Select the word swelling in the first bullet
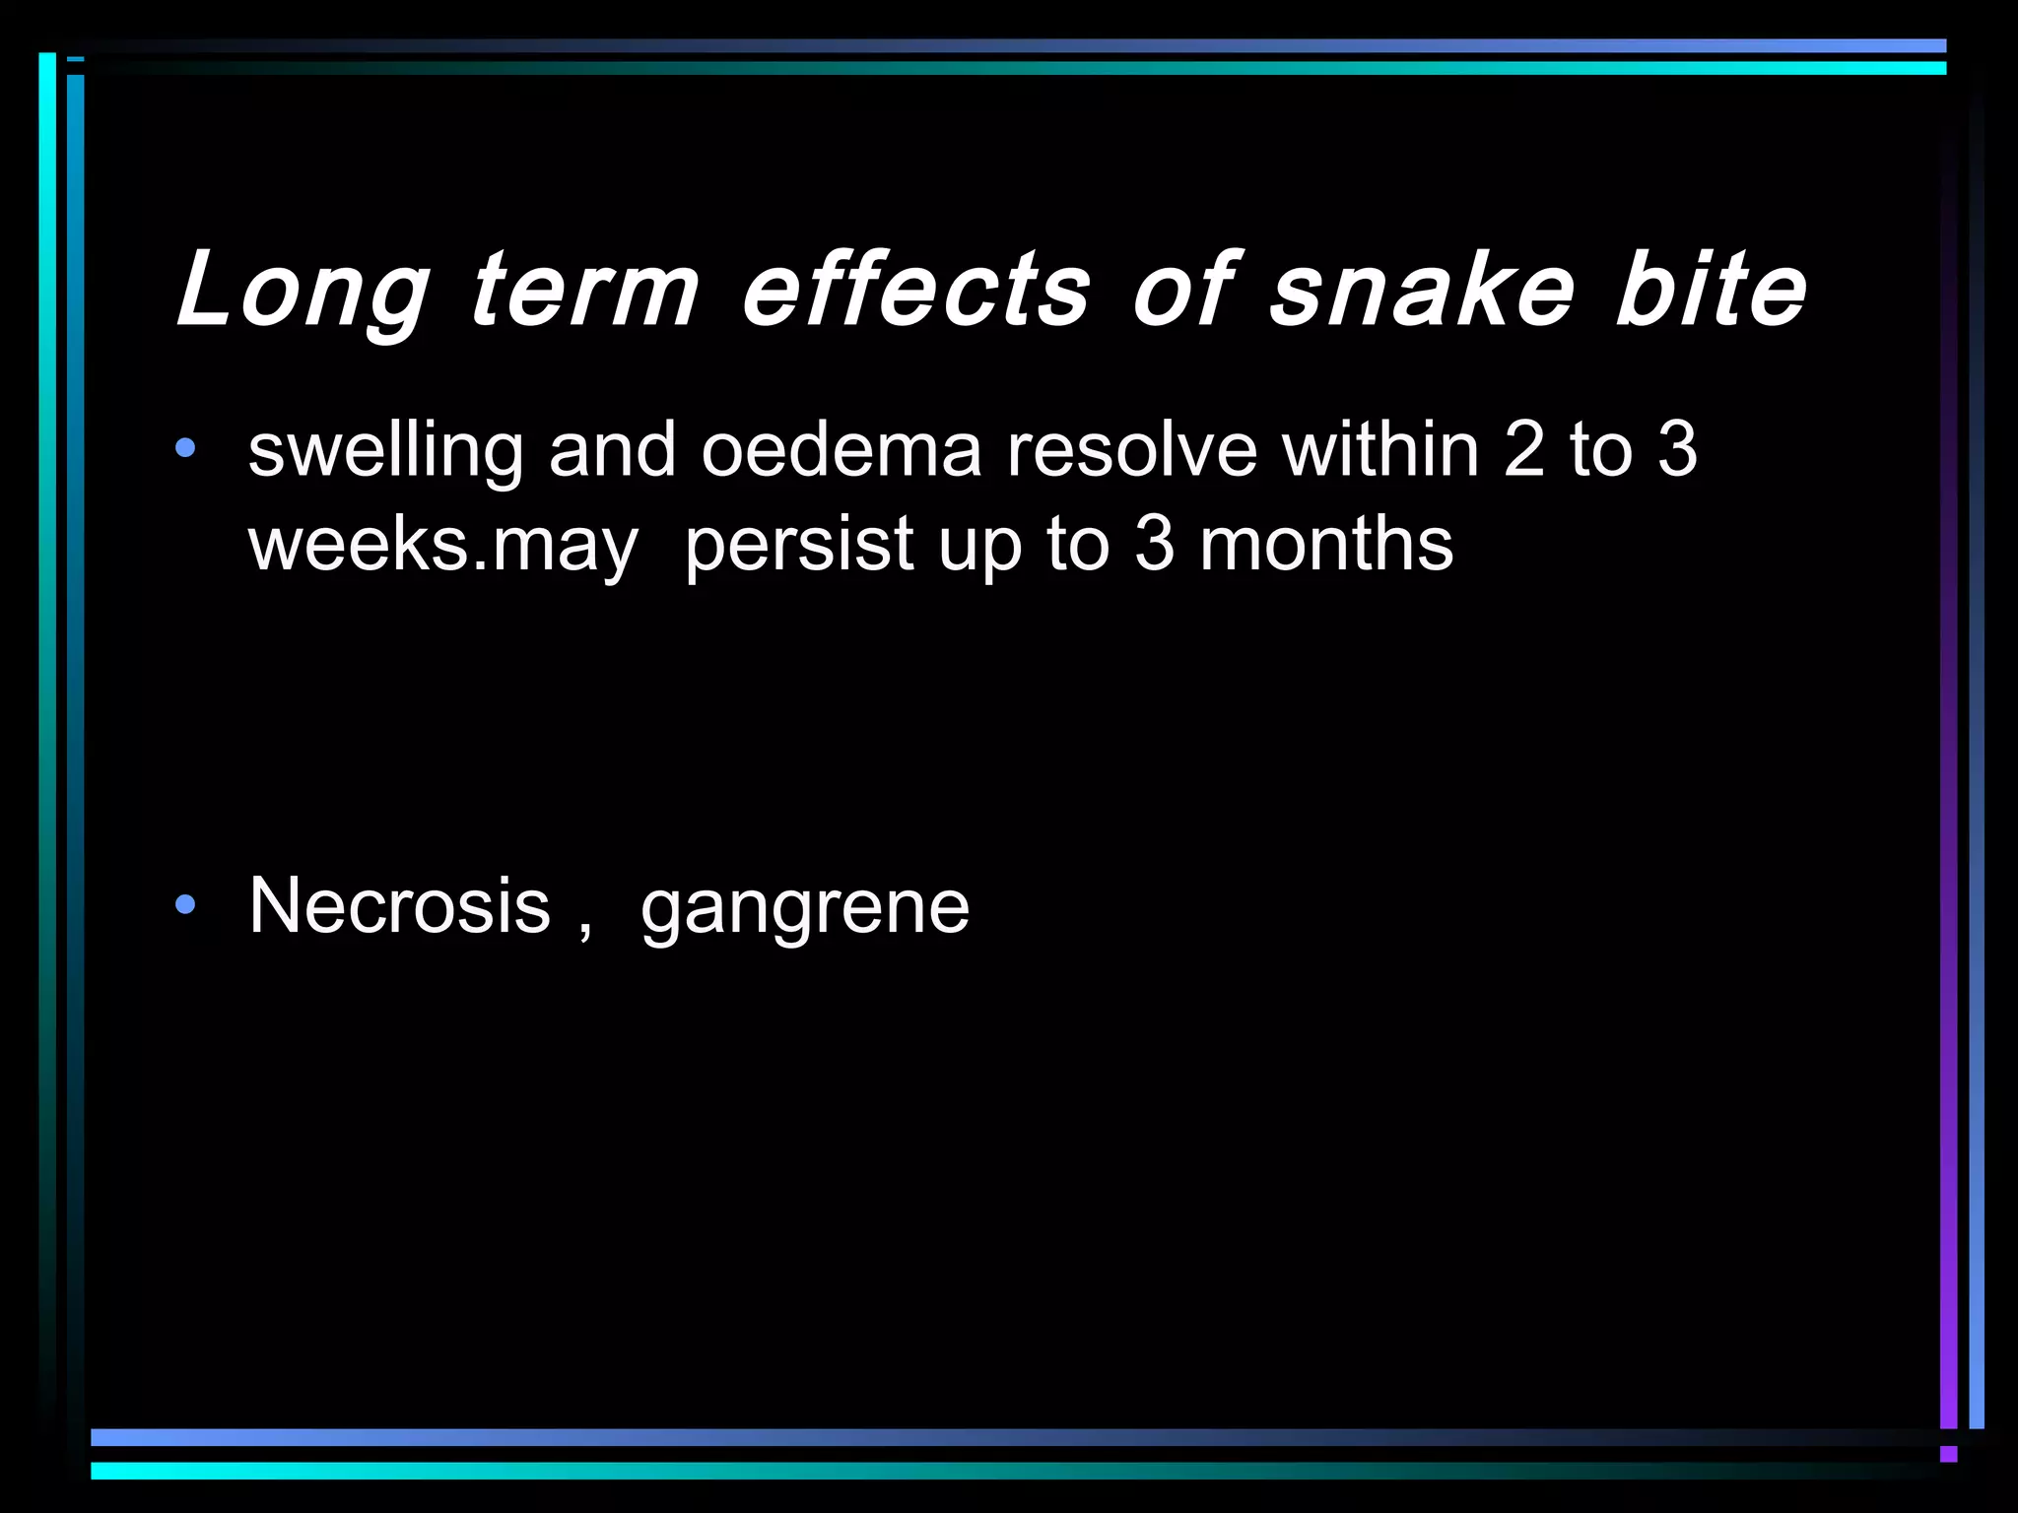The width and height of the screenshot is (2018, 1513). coord(384,451)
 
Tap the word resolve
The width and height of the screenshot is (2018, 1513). coord(1131,450)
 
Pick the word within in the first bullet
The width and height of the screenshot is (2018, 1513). coord(1379,450)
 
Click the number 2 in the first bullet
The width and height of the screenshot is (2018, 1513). coord(1524,450)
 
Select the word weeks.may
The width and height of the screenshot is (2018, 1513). coord(442,545)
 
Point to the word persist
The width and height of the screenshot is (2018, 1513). coord(799,545)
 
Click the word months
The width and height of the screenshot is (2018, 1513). coord(1325,544)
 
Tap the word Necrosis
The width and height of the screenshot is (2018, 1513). coord(399,905)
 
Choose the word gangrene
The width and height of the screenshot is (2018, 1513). coord(805,907)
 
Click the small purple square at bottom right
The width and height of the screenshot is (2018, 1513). coord(1948,1454)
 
